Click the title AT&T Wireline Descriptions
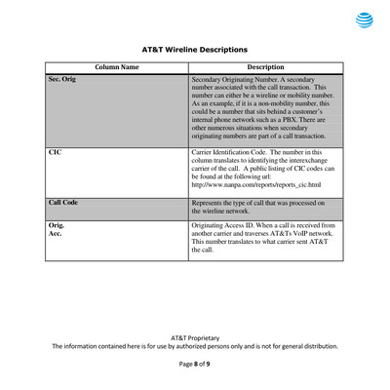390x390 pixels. tap(195, 48)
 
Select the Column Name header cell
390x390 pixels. tap(116, 67)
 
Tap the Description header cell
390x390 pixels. tap(265, 67)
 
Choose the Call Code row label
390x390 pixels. tap(64, 201)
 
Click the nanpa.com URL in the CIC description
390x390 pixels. tap(258, 184)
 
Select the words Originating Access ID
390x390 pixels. tap(230, 225)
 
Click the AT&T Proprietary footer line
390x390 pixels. tap(195, 334)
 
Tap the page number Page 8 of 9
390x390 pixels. tap(195, 363)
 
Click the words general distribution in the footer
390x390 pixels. tap(307, 345)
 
